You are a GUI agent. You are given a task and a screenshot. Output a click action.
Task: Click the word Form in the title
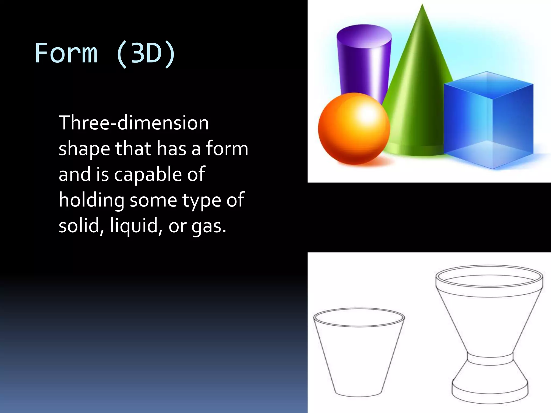[x=66, y=53]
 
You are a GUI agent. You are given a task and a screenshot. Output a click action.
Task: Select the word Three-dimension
[x=133, y=123]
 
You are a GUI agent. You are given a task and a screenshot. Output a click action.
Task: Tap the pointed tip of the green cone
[x=422, y=6]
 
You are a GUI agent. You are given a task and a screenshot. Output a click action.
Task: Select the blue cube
[x=488, y=121]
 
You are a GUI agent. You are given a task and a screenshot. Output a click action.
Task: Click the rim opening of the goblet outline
[x=489, y=277]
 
